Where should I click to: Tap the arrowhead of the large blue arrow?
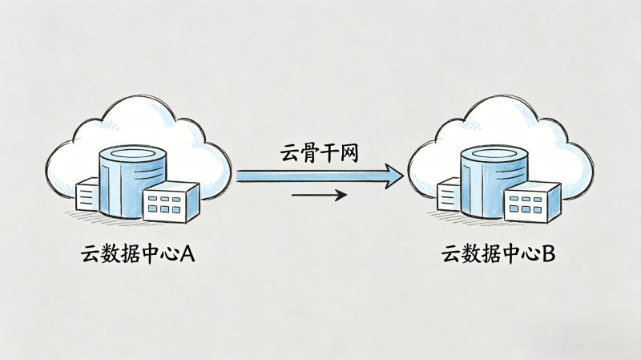coord(391,175)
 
